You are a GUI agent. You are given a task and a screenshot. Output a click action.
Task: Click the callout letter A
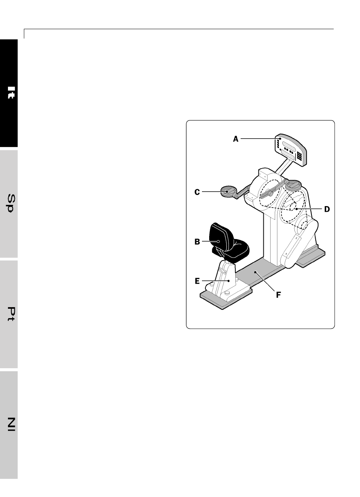[235, 139]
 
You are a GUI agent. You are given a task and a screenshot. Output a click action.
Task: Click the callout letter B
[197, 242]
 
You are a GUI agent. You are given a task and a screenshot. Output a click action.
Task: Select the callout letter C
[197, 192]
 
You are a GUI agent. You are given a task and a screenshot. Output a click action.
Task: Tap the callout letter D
[327, 209]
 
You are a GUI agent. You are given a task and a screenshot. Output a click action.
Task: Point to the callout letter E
[197, 281]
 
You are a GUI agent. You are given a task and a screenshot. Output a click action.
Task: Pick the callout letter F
[278, 295]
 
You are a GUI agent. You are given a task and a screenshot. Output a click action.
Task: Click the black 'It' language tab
[9, 93]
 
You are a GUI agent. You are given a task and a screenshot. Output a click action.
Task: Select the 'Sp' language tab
[9, 204]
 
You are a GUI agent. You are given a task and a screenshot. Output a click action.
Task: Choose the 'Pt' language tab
[9, 314]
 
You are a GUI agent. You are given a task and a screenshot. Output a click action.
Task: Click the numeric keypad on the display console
[299, 156]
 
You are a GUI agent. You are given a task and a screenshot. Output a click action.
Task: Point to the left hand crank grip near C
[229, 192]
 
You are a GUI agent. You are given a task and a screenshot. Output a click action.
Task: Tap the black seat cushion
[238, 249]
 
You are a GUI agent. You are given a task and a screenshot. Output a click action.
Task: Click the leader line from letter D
[309, 209]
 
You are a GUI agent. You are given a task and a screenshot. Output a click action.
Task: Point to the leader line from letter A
[260, 139]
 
